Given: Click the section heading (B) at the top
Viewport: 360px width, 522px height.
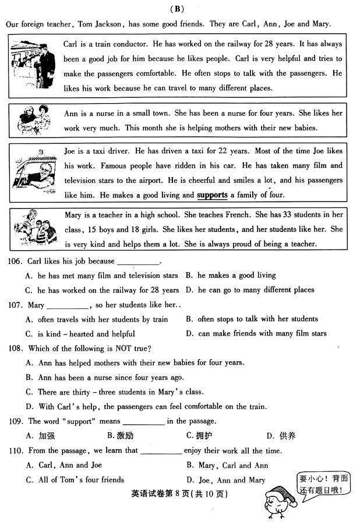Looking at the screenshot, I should point(178,9).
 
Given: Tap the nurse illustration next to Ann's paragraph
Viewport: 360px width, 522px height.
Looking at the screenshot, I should point(33,121).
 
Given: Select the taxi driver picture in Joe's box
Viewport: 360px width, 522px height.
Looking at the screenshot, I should point(33,172).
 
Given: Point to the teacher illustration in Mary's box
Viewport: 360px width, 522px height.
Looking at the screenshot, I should point(33,228).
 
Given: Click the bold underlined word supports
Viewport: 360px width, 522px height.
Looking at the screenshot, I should point(212,195).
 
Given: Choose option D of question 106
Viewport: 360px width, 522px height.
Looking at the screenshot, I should point(250,290).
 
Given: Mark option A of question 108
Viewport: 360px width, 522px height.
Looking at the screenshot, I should point(134,362).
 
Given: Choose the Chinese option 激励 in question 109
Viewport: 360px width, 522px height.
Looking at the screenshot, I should point(121,435).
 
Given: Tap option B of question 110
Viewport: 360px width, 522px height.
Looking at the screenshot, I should point(227,465).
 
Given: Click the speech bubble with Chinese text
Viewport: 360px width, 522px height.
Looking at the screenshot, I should point(323,484).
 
